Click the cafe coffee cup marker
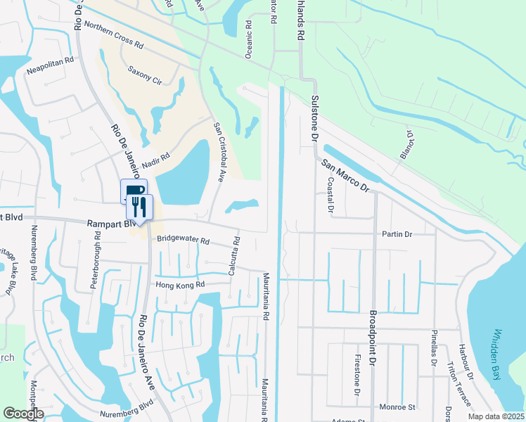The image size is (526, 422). [133, 191]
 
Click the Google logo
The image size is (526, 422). [23, 413]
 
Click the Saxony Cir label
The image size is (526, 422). [145, 75]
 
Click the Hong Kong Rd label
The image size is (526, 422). [179, 284]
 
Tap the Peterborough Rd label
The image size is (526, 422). [98, 248]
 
